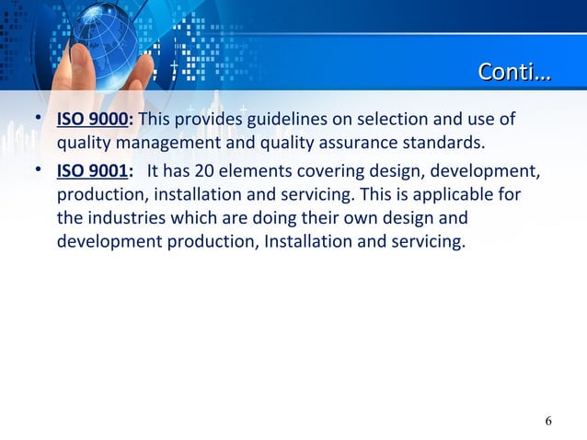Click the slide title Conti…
click(x=514, y=72)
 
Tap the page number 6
click(x=548, y=421)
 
